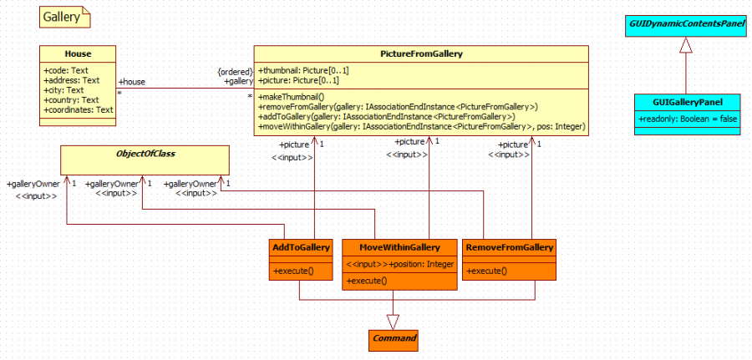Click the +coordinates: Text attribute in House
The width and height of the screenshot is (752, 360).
(78, 109)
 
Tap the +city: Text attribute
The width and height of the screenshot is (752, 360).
(64, 90)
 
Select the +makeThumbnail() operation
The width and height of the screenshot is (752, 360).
(291, 98)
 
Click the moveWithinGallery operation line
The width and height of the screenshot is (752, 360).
(422, 127)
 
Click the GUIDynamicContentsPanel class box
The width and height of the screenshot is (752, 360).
(685, 25)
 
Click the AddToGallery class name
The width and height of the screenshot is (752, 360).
(302, 248)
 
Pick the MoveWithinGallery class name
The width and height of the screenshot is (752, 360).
(399, 248)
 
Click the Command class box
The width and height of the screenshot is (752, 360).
(393, 340)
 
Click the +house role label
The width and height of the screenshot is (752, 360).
(133, 82)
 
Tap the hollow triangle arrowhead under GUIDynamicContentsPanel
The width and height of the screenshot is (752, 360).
(685, 47)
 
